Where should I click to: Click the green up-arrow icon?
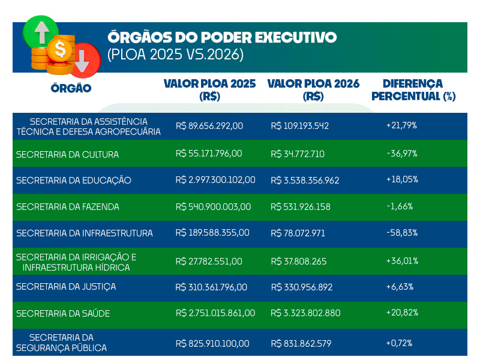pos(41,33)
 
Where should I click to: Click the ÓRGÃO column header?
pos(71,88)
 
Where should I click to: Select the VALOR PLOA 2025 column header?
pos(209,89)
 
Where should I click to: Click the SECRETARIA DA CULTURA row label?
pos(67,154)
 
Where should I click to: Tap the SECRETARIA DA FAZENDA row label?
pos(67,207)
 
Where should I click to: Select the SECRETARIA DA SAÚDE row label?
pos(63,313)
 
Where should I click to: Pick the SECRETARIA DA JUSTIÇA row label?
pos(66,287)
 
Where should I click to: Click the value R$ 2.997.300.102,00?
pos(215,180)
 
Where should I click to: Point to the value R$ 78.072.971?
pos(298,233)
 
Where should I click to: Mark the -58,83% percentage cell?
pos(402,233)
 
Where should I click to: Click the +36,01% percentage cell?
pos(402,261)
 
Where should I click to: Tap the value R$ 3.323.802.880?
pos(305,313)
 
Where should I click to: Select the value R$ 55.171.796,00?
pos(209,154)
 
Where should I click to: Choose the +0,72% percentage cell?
pos(399,343)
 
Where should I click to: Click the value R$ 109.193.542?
pos(300,126)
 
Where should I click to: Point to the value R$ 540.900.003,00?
pos(213,207)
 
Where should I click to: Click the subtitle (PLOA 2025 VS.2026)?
pos(175,55)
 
